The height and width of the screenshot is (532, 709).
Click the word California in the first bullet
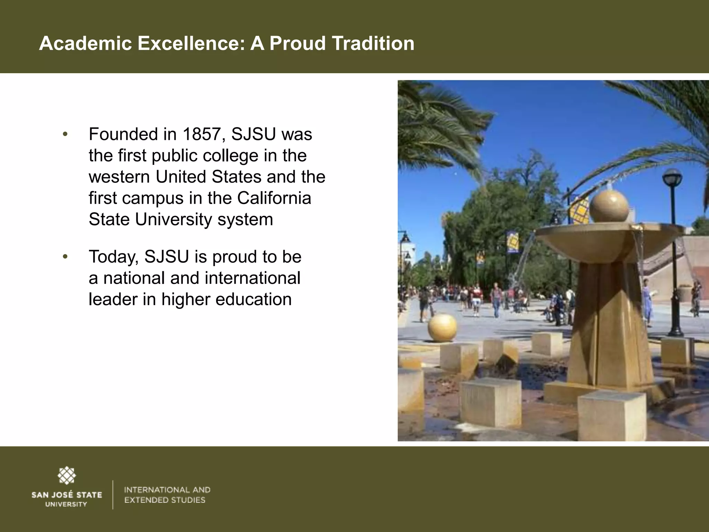274,198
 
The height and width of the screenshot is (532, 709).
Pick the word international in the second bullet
252,278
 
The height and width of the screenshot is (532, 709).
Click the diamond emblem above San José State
66,475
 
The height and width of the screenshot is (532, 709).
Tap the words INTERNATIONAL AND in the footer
167,490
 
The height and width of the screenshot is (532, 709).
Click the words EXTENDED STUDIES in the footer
165,500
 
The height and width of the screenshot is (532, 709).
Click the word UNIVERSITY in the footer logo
66,504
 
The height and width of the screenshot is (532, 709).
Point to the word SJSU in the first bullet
254,134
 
